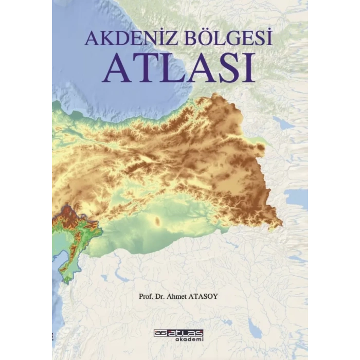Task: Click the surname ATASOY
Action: (218, 296)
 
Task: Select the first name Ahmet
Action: (188, 296)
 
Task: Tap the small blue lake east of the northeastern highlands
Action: (283, 123)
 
